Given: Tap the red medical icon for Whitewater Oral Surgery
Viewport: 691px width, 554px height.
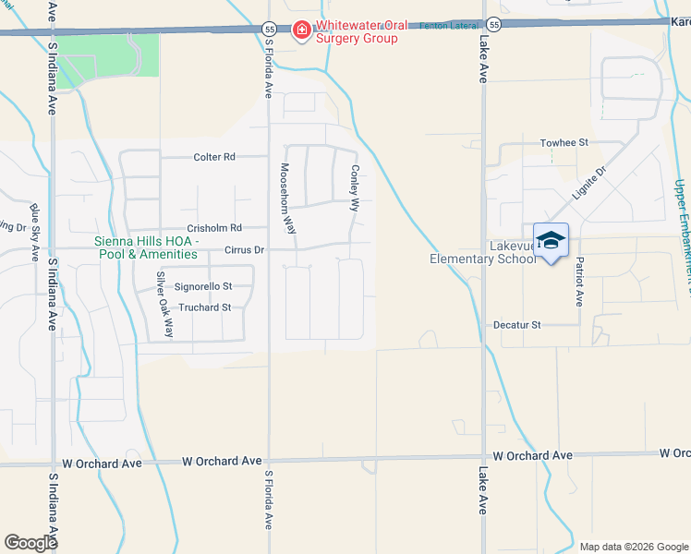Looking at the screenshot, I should tap(301, 32).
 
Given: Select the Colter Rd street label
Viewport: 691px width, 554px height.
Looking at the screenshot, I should tap(214, 157).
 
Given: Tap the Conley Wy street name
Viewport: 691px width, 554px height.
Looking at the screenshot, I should tap(354, 189).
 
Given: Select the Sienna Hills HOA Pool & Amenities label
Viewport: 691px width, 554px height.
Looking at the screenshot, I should tap(146, 248).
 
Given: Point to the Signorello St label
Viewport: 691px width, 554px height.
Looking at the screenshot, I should tap(202, 287).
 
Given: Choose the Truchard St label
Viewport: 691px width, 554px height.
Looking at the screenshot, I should tap(204, 307).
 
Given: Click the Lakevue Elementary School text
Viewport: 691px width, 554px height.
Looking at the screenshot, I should tap(482, 253).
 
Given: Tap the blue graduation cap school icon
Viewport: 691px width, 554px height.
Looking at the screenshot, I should tap(552, 241).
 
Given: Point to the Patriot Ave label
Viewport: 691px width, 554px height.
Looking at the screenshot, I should tap(579, 281).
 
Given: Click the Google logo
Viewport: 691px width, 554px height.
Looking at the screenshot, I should tap(31, 543).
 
